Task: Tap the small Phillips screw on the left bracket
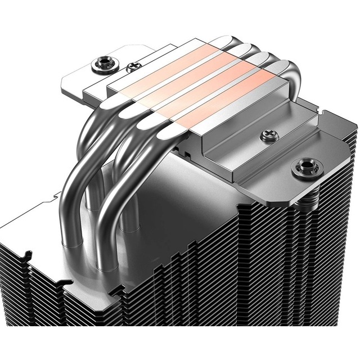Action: tap(133, 67)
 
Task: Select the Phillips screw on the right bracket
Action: tap(267, 135)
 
